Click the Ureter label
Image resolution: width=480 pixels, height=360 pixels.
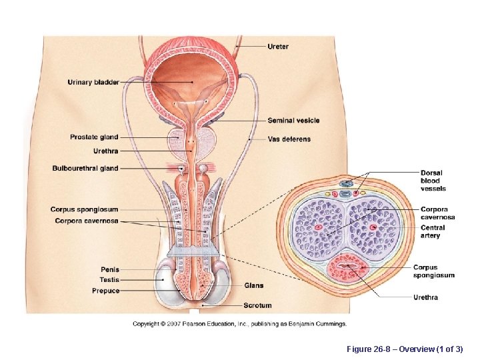click(278, 47)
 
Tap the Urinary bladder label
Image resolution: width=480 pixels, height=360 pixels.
click(93, 83)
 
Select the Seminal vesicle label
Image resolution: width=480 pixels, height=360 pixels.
click(293, 121)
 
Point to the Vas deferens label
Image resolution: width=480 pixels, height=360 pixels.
click(289, 139)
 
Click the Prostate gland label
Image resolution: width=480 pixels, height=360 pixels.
click(94, 137)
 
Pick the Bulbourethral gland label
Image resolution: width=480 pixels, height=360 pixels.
click(85, 169)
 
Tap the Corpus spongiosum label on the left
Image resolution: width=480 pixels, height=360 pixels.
click(84, 210)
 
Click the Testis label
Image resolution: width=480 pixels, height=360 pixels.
click(109, 280)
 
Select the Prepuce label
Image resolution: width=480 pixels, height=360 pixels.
click(106, 291)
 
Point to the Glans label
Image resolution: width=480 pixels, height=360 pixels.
click(253, 285)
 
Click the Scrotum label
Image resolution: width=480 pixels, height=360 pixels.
click(257, 305)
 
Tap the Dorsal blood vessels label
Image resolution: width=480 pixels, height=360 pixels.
click(431, 181)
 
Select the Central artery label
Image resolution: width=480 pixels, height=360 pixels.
click(433, 231)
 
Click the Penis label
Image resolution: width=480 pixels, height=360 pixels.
click(110, 270)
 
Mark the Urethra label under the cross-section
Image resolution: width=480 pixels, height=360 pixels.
click(425, 297)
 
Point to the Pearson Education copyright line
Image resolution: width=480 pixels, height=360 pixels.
click(239, 324)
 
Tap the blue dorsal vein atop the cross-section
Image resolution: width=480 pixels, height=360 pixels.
click(346, 183)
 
